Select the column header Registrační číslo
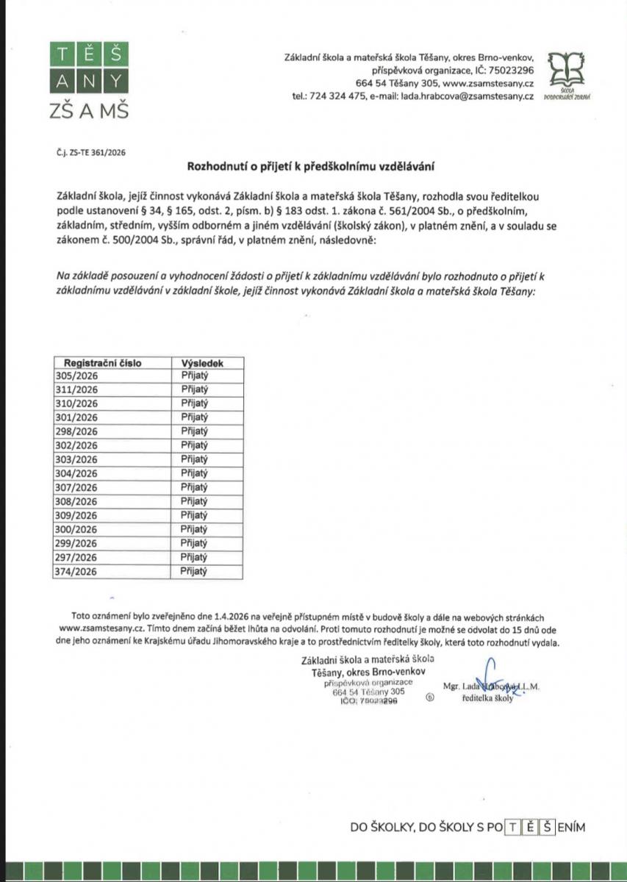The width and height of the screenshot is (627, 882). [102, 363]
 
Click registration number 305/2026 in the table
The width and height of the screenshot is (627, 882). [77, 376]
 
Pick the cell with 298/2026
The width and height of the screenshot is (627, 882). [77, 431]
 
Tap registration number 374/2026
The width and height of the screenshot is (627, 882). [77, 571]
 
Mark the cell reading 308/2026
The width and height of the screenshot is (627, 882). [77, 501]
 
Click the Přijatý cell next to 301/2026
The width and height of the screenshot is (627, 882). [195, 417]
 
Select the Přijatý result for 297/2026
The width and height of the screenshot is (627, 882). [195, 557]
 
